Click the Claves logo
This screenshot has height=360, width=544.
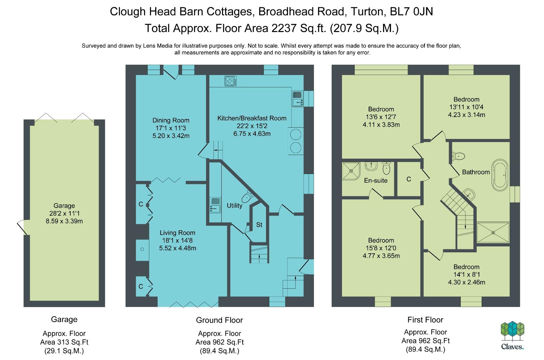point(512,335)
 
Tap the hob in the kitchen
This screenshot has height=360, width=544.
point(230,81)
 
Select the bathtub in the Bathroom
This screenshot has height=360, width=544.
point(500,175)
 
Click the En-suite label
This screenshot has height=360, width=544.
point(376,180)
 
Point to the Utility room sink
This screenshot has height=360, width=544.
point(215,205)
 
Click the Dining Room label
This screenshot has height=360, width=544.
point(171,120)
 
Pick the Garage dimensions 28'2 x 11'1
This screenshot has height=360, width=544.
point(64,213)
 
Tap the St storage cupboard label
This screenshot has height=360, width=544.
point(259,225)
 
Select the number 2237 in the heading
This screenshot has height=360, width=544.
point(284,28)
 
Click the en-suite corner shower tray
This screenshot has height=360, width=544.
point(351,171)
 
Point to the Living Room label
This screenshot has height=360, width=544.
point(178,233)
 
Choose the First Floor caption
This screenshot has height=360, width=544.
point(425,320)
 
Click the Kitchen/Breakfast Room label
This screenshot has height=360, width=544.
point(252,118)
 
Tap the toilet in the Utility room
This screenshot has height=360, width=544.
point(247,197)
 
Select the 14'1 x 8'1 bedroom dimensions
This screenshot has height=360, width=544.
point(467,274)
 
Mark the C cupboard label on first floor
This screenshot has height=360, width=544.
point(409,179)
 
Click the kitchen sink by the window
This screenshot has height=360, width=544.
point(297,99)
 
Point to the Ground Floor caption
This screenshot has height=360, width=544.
point(219,320)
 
